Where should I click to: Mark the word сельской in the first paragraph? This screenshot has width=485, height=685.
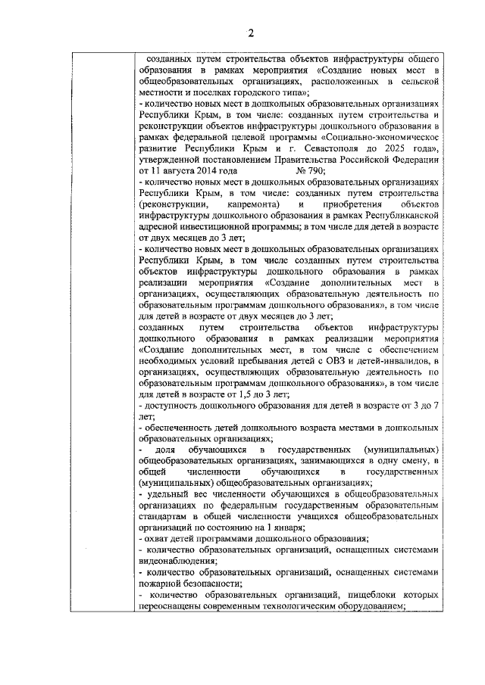point(418,78)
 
